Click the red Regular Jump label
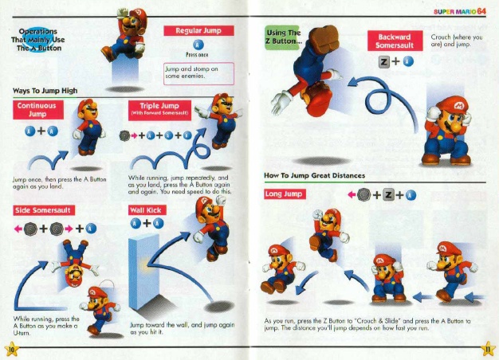tap(198, 30)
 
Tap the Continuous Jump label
tap(38, 110)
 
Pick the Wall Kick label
tap(146, 211)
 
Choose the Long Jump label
tap(285, 194)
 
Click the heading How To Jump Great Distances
tap(316, 175)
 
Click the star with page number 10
tap(10, 348)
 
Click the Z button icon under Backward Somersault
tap(384, 63)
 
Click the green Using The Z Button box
tap(285, 37)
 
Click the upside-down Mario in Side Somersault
tap(70, 264)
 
